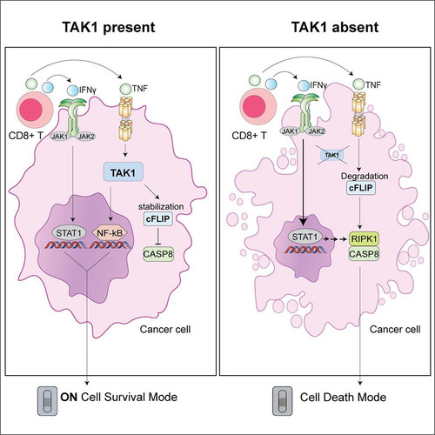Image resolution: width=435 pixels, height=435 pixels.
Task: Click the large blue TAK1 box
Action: point(123,172)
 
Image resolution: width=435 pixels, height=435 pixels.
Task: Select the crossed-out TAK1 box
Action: point(331,155)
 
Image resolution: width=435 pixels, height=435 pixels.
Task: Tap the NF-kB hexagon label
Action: point(110,232)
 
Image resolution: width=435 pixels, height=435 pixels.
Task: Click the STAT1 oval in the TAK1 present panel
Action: point(70,232)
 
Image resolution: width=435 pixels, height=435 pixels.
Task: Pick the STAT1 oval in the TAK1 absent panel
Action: point(304,237)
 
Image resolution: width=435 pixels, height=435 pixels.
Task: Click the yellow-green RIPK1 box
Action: point(364,238)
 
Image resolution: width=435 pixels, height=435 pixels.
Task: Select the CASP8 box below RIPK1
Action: point(364,254)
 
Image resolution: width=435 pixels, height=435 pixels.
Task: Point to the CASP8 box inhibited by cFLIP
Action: point(158,254)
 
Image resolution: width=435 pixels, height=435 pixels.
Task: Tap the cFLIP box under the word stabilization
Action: point(158,218)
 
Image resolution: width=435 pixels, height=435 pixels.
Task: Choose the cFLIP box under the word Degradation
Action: point(361,188)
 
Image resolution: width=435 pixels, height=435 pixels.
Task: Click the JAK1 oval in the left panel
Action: point(60,137)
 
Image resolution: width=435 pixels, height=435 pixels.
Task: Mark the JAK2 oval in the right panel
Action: point(316,131)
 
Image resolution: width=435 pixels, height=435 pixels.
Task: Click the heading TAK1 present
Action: point(109,27)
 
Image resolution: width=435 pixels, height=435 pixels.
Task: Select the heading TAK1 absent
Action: point(335,27)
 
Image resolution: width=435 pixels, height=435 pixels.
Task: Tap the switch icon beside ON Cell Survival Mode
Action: point(47,401)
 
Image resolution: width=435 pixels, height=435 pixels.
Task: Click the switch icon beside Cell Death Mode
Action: point(282,401)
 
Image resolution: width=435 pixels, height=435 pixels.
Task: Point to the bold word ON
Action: point(69,397)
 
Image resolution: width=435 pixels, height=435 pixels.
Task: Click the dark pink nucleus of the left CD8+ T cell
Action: point(30,110)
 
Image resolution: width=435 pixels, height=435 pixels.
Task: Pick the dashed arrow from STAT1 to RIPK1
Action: point(335,239)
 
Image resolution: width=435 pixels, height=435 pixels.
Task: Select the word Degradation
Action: point(365,176)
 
